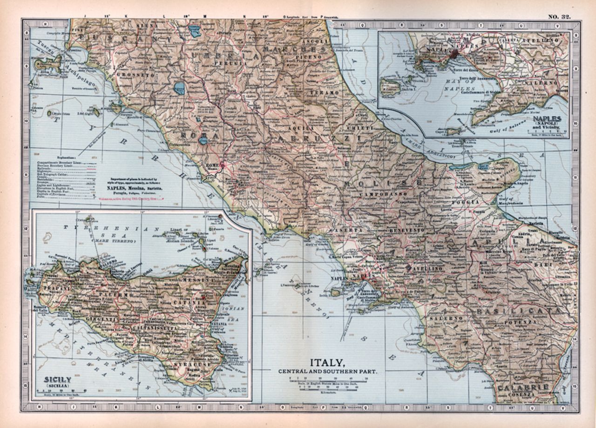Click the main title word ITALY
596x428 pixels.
click(328, 362)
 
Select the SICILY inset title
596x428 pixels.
click(57, 380)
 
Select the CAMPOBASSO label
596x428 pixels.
click(378, 193)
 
